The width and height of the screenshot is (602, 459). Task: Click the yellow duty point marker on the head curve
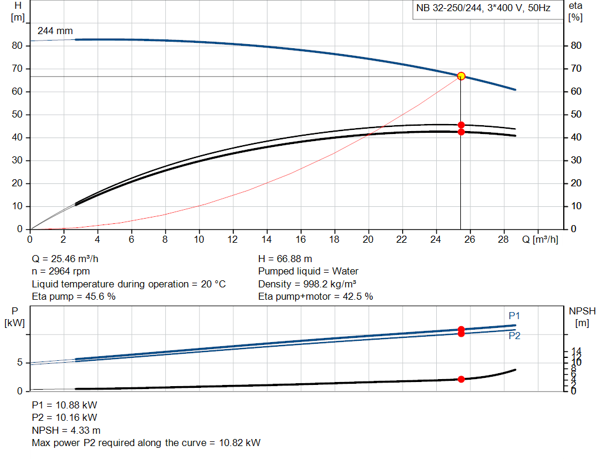pos(461,76)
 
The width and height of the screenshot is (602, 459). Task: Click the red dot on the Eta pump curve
pos(461,125)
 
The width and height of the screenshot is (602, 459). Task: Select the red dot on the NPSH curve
pos(461,379)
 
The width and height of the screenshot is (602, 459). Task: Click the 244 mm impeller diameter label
pos(55,31)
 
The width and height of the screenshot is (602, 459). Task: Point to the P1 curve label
pos(514,316)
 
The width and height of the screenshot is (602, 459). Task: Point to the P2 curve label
pos(514,336)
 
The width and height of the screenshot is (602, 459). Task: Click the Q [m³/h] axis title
pos(539,240)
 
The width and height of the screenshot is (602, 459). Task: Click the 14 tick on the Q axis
pos(267,240)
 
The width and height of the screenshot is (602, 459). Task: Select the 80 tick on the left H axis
pos(18,46)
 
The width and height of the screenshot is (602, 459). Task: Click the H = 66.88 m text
pos(285,259)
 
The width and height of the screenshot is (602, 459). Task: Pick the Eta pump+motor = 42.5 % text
pos(316,297)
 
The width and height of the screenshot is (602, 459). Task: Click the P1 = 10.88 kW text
pos(65,405)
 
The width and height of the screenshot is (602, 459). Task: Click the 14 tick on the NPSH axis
pos(577,351)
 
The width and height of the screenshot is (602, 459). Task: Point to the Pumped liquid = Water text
pos(308,272)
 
